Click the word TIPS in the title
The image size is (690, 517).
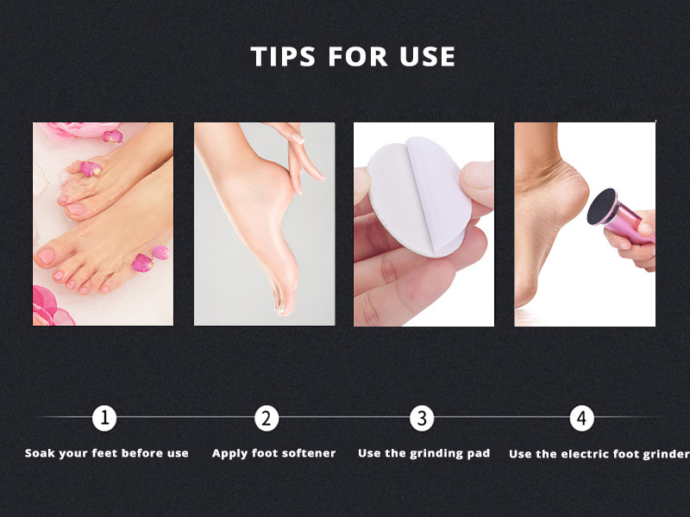[283, 57]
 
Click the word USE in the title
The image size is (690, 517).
[427, 57]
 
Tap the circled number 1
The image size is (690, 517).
[104, 418]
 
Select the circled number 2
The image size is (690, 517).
[267, 418]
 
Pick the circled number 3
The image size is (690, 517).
[422, 418]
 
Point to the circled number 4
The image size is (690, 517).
[581, 418]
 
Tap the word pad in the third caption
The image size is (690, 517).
[479, 454]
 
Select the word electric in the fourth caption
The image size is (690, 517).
[584, 454]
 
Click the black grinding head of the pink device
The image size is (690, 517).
[601, 206]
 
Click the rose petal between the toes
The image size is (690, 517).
[91, 169]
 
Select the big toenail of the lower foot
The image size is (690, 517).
[46, 256]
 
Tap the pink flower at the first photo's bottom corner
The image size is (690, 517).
[49, 307]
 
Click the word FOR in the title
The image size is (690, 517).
[357, 57]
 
